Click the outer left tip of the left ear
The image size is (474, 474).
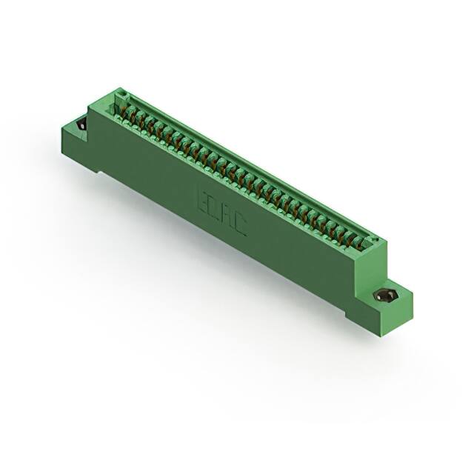(x=59, y=132)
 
